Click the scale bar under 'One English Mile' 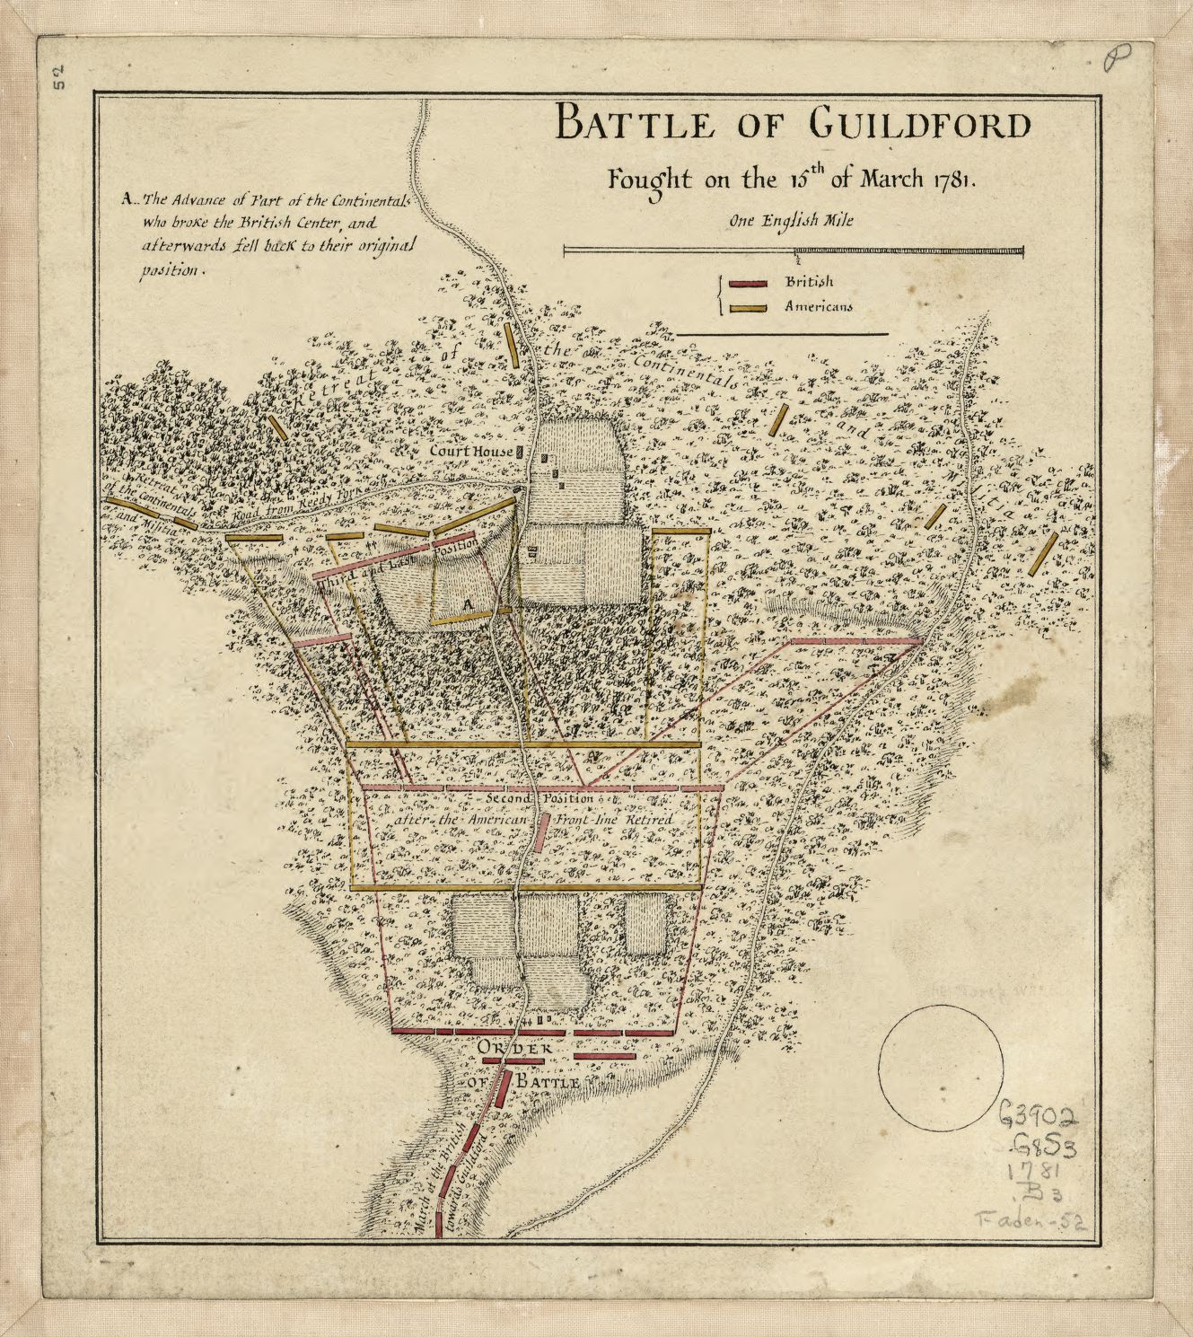pyautogui.click(x=793, y=251)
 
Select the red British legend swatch pyautogui.click(x=748, y=284)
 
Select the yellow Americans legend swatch pyautogui.click(x=748, y=308)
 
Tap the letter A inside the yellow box pyautogui.click(x=467, y=605)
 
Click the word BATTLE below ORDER pyautogui.click(x=546, y=1083)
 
